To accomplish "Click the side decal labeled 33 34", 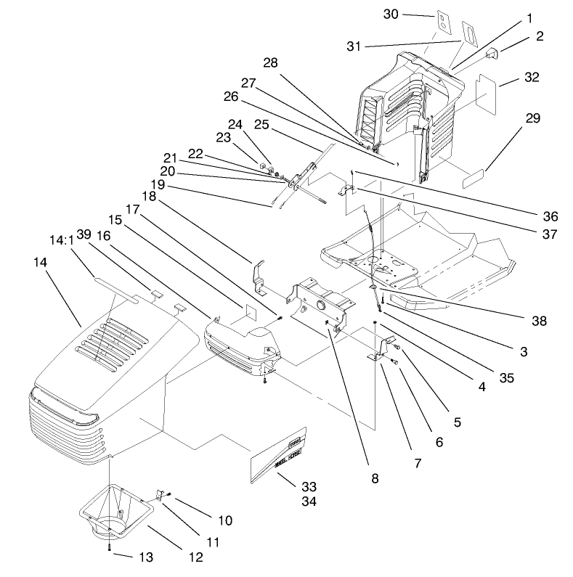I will point(279,457).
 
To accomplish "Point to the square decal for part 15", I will point(245,313).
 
